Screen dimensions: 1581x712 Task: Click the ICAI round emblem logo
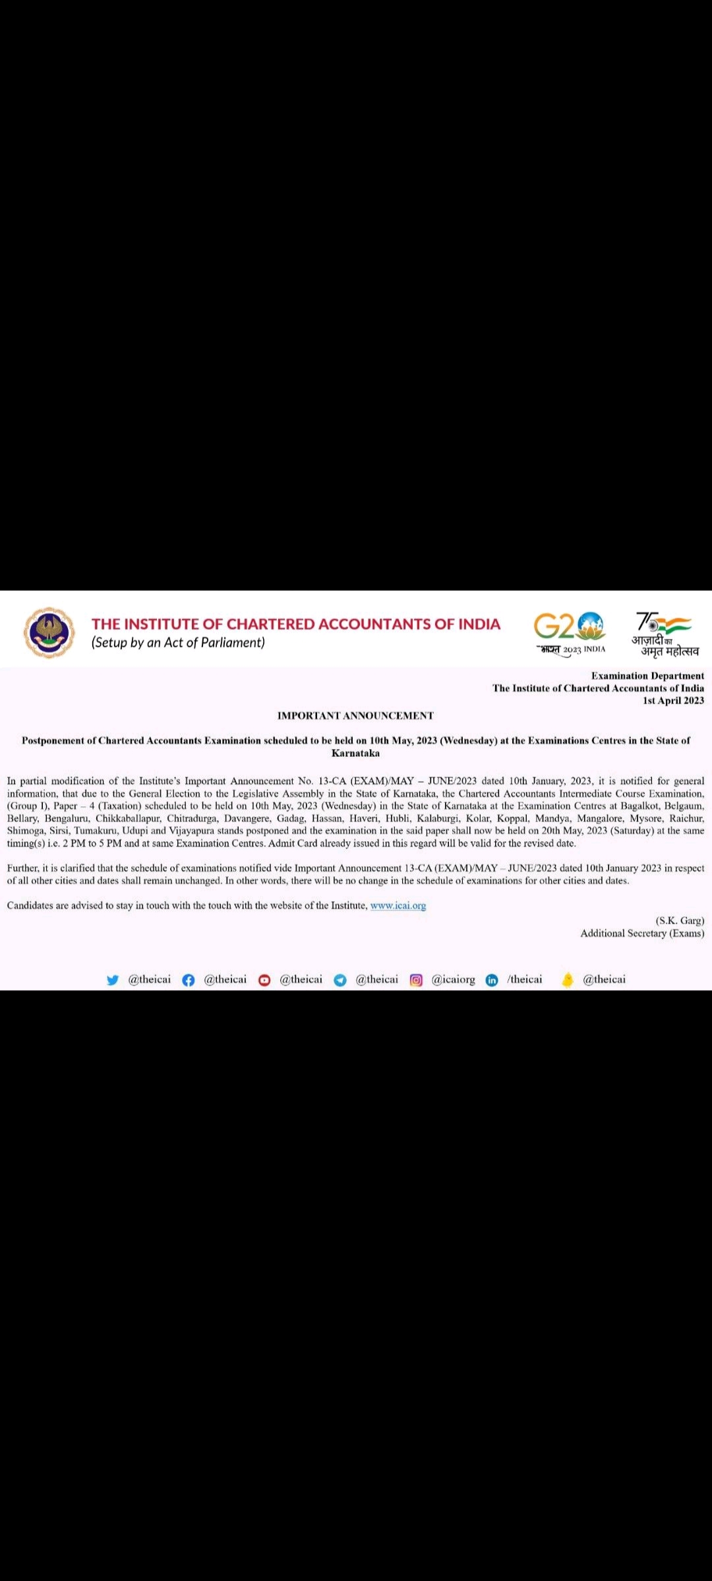click(x=49, y=632)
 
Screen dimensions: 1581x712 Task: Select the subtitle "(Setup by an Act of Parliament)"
click(x=178, y=643)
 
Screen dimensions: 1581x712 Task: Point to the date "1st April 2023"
click(x=673, y=700)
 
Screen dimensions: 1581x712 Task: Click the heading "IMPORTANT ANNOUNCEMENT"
click(x=355, y=715)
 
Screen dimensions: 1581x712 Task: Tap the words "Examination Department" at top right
click(x=647, y=676)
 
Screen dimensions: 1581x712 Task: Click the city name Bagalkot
click(x=639, y=806)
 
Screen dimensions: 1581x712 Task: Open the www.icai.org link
click(x=398, y=906)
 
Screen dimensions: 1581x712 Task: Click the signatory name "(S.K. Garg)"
click(x=680, y=920)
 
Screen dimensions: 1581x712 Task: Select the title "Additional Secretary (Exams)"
click(x=642, y=933)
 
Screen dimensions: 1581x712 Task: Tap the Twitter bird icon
click(x=113, y=980)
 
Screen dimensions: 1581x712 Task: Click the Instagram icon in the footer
click(x=416, y=980)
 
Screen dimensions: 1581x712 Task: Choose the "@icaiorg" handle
click(x=453, y=980)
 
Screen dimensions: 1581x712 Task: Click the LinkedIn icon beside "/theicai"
click(x=492, y=980)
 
